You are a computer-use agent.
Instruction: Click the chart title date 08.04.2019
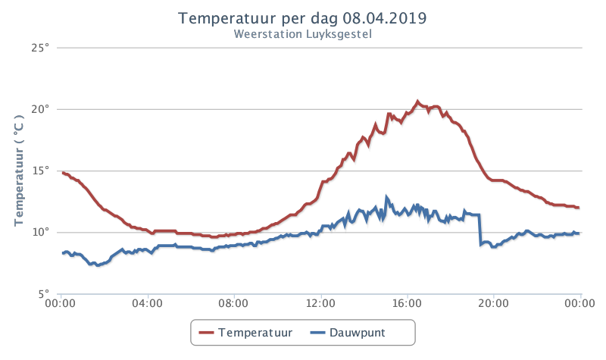(x=385, y=18)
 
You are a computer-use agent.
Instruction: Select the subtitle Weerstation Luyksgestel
(x=302, y=34)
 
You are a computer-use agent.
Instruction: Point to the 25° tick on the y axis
(x=41, y=48)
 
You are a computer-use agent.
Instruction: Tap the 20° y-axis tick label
(x=41, y=109)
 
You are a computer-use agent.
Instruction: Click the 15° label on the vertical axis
(x=41, y=171)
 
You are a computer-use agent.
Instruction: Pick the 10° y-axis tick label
(x=41, y=232)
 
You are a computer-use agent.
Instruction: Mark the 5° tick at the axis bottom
(x=44, y=293)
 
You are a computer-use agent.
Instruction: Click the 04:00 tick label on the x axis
(x=147, y=303)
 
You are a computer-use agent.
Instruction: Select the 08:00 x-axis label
(x=233, y=303)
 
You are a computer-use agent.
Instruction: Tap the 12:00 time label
(x=320, y=303)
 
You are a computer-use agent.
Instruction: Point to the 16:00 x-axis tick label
(x=407, y=303)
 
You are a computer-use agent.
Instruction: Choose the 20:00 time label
(x=494, y=303)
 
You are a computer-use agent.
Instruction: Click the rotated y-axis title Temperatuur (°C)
(x=19, y=171)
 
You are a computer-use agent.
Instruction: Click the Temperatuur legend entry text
(x=255, y=333)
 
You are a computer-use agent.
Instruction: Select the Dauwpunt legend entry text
(x=357, y=333)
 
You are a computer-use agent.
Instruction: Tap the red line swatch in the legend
(x=206, y=333)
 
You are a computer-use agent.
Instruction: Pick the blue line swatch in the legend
(x=317, y=333)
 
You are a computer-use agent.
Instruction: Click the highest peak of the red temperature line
(x=417, y=102)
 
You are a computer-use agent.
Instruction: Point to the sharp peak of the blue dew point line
(x=386, y=197)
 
